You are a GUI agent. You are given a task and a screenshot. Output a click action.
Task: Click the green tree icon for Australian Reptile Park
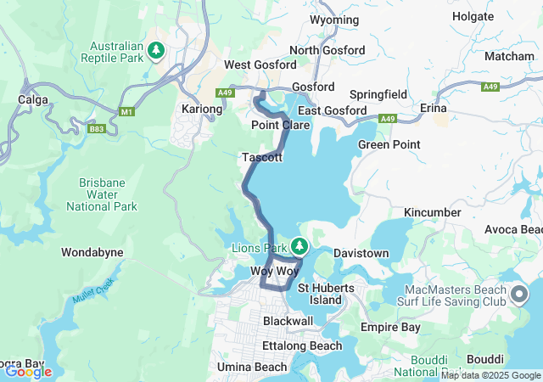click(155, 51)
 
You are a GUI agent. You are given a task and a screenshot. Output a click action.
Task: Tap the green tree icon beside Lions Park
click(299, 247)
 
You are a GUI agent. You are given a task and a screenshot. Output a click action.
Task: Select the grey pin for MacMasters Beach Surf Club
click(519, 295)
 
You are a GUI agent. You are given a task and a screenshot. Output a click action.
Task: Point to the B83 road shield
click(96, 129)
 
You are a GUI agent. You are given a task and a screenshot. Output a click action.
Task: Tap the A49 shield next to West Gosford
click(224, 93)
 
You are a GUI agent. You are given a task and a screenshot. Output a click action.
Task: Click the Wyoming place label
click(333, 43)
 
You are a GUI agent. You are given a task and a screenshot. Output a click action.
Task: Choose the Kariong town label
click(202, 109)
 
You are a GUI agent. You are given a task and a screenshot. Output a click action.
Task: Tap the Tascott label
click(261, 158)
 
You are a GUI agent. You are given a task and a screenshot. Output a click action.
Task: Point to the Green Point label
click(389, 144)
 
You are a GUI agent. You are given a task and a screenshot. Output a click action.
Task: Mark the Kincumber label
click(433, 212)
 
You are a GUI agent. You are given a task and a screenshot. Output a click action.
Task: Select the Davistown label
click(361, 253)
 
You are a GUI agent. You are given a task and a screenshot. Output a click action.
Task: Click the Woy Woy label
click(275, 271)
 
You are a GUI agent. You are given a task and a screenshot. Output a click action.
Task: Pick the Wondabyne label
click(92, 252)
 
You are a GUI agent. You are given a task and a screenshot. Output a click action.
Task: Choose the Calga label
click(32, 99)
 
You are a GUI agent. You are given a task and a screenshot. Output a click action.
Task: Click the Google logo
click(28, 371)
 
